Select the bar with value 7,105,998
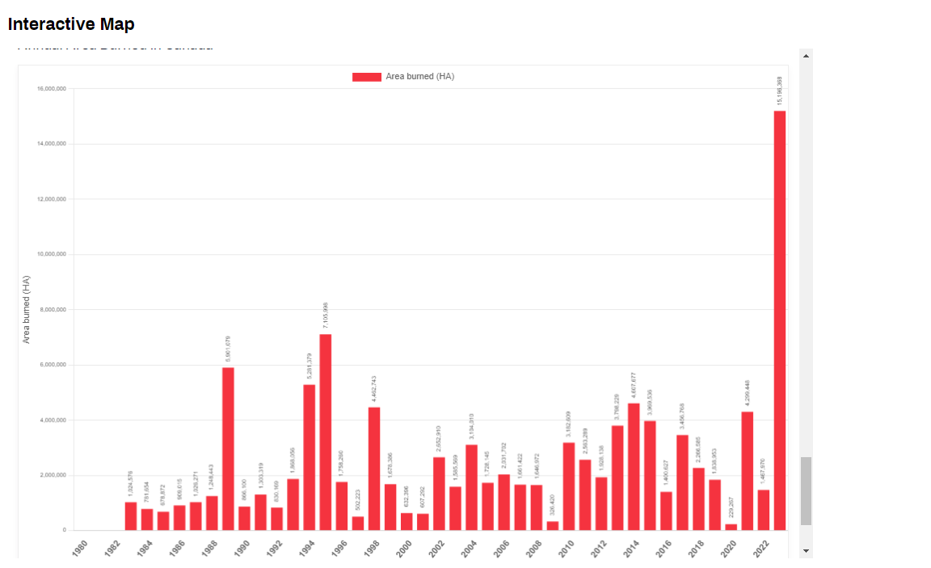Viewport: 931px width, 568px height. click(x=325, y=432)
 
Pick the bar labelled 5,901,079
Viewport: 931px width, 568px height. click(x=228, y=449)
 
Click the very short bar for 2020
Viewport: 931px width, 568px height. click(x=731, y=527)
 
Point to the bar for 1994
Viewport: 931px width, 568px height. click(x=309, y=457)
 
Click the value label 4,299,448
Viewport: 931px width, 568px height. click(x=748, y=393)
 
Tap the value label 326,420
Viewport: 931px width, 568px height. click(x=553, y=506)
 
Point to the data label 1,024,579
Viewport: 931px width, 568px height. click(x=131, y=483)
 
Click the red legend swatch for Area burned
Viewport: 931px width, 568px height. click(x=366, y=77)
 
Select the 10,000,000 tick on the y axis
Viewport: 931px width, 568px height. click(x=52, y=254)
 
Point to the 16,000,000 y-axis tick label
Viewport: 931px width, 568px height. click(x=52, y=88)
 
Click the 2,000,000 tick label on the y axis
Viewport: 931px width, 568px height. click(x=53, y=475)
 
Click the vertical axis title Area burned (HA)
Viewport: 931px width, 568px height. click(x=27, y=309)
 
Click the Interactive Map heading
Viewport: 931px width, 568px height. click(x=71, y=24)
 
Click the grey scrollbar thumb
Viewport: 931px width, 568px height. click(x=805, y=490)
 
